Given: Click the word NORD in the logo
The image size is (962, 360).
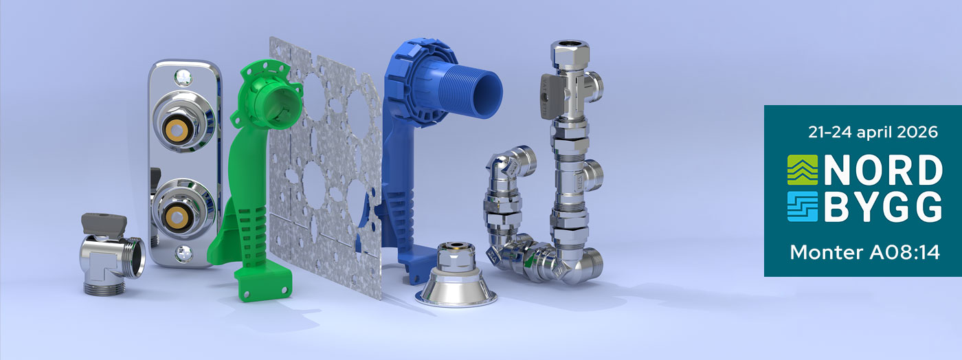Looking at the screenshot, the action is (x=883, y=170).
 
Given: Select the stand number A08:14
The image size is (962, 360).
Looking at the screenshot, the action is (x=904, y=252).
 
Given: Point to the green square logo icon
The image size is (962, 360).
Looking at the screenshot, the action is (x=803, y=170).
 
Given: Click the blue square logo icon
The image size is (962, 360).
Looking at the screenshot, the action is (x=803, y=207).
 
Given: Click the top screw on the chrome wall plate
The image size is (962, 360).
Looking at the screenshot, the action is (x=183, y=78).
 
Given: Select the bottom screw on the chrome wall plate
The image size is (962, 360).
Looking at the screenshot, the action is (x=183, y=253).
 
